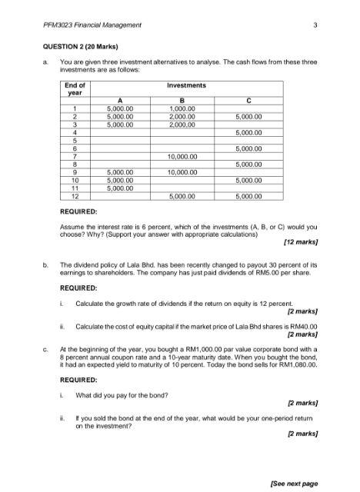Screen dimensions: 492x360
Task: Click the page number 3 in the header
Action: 315,25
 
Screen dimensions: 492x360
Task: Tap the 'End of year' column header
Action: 75,88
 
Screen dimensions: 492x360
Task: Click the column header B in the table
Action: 183,100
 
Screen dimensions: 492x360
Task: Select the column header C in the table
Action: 248,100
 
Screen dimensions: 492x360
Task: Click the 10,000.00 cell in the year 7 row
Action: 183,156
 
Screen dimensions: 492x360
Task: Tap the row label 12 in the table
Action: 75,196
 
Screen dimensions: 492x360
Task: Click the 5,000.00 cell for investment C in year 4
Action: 248,132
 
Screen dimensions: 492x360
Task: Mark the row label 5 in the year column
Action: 75,140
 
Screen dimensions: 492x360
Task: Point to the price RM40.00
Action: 303,326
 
